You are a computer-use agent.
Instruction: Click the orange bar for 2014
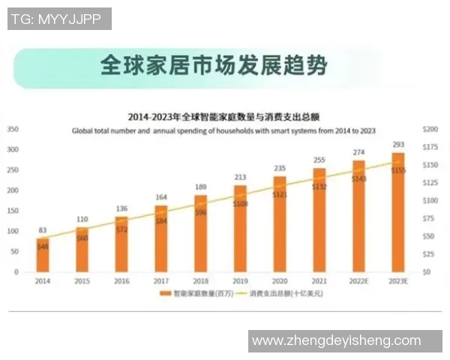pos(43,255)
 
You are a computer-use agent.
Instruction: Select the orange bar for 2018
pos(200,234)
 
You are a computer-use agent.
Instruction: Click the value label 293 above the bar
pos(397,145)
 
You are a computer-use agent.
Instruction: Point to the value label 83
pos(43,230)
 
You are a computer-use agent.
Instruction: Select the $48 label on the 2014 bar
pos(43,247)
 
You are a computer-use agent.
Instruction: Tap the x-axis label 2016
pos(121,280)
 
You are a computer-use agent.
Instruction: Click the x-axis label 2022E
pos(358,280)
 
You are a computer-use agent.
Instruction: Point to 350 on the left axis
pos(13,129)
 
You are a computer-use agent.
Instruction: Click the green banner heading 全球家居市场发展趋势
pos(214,65)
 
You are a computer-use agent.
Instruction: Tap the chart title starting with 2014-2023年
pos(224,117)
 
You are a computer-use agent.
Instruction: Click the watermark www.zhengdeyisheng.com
pos(336,340)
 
